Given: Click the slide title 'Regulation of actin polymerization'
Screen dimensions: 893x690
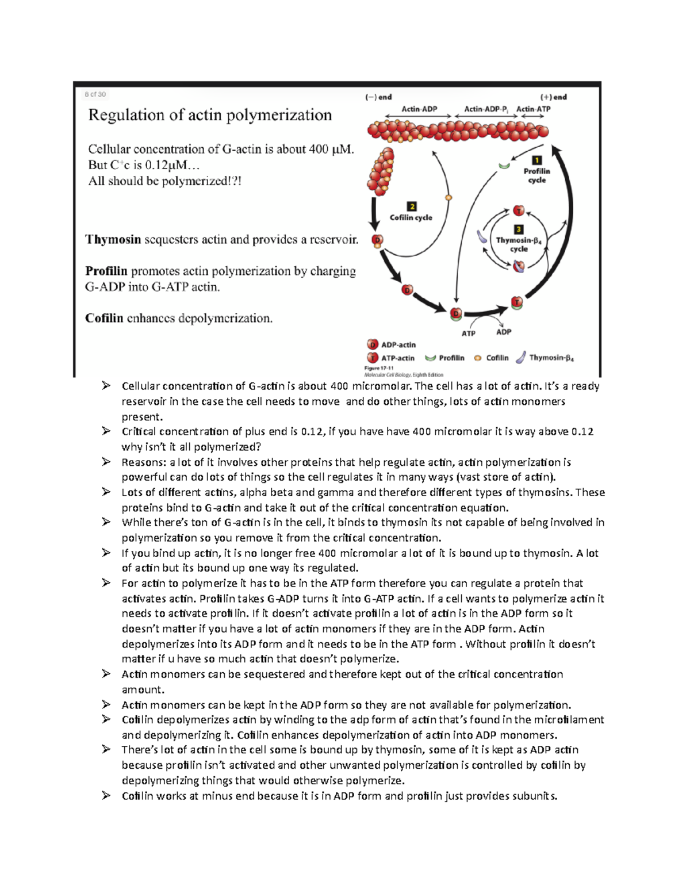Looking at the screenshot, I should (x=210, y=115).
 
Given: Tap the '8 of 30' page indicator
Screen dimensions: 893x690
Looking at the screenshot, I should (x=95, y=94).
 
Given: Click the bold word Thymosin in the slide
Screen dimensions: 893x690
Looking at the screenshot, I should (x=113, y=239).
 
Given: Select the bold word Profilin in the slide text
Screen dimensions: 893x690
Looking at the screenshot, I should (x=106, y=271).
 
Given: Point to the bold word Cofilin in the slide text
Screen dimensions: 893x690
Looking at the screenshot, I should (x=104, y=318).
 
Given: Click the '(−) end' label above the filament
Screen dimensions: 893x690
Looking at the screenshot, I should (x=378, y=97).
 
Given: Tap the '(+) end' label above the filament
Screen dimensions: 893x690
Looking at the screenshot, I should (x=553, y=97).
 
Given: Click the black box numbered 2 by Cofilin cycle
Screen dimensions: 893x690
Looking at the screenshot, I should (x=411, y=206).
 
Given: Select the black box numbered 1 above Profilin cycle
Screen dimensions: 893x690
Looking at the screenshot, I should (x=536, y=160).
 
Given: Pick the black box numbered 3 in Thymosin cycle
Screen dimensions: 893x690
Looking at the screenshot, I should (x=518, y=229).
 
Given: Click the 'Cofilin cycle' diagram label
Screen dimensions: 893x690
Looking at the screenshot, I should (x=411, y=217).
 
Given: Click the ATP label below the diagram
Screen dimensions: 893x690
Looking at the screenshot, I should (x=469, y=334).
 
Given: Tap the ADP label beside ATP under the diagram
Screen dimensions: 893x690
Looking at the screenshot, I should (x=504, y=332).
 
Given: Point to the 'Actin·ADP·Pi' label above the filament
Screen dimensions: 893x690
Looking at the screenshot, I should (x=485, y=109).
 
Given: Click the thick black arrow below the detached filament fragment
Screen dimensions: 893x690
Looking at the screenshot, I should (x=374, y=213).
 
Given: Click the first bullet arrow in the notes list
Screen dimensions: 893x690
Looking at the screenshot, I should (x=106, y=386).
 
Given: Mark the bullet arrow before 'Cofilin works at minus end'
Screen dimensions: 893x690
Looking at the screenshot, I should (x=106, y=795).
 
